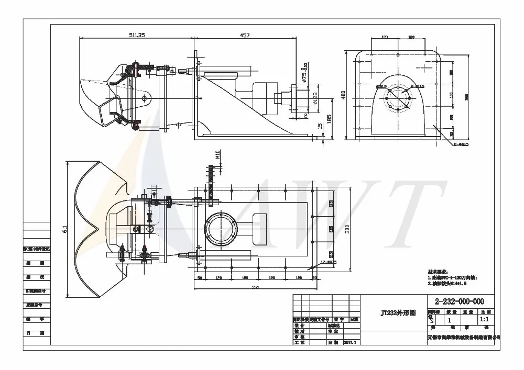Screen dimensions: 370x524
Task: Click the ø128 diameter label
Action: (314, 98)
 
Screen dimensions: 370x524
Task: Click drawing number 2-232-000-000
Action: (456, 301)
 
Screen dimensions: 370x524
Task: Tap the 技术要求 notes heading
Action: (436, 272)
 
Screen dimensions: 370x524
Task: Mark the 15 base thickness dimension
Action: (320, 126)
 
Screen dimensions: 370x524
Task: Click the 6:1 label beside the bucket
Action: (64, 229)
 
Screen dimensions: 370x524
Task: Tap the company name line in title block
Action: (464, 338)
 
